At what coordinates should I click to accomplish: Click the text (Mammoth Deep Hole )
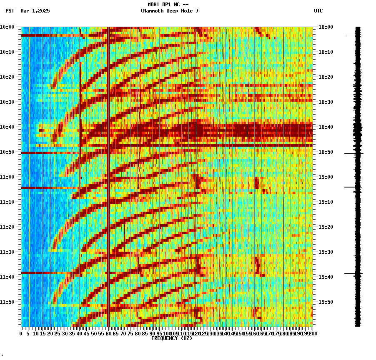pos(169,11)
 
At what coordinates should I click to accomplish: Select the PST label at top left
pos(10,11)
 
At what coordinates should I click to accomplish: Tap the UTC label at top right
pos(318,11)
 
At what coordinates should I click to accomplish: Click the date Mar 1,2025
pos(35,11)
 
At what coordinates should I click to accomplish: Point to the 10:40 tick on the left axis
pos(8,127)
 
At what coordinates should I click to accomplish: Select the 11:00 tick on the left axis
pos(8,177)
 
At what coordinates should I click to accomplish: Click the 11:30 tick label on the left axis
pos(8,252)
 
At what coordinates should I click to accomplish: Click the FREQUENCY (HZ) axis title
pos(171,338)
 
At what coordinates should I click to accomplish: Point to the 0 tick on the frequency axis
pos(21,334)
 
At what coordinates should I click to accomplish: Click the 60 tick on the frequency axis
pos(108,334)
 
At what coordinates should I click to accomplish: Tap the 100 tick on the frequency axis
pos(166,334)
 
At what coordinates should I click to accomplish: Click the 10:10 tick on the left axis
pos(8,52)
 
